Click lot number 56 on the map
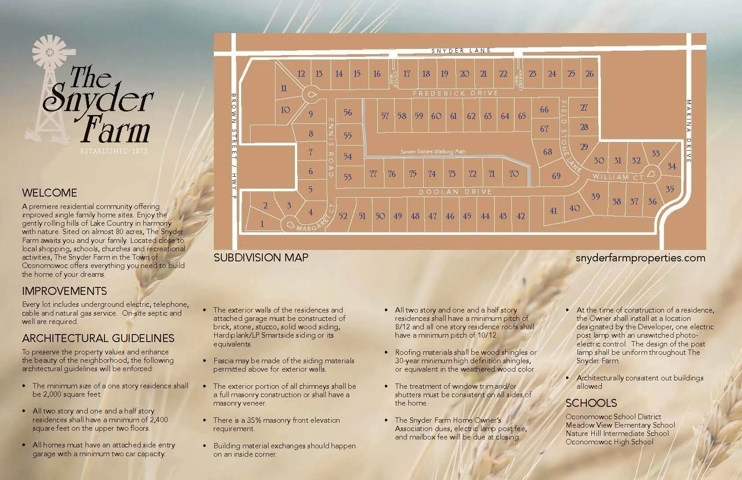(347, 112)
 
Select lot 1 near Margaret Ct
(262, 224)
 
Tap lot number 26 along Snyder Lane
(589, 74)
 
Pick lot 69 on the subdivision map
(556, 175)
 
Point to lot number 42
(521, 216)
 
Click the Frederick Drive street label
(455, 93)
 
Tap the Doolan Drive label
(455, 192)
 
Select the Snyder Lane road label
(461, 50)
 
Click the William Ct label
(618, 177)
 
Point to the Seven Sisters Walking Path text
(433, 152)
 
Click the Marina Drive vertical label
(689, 131)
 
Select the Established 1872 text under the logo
(114, 151)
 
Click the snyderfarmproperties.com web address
(640, 258)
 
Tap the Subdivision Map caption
(261, 257)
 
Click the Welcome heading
(49, 193)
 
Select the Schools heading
(591, 403)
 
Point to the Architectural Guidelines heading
(98, 338)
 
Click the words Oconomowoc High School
(609, 442)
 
